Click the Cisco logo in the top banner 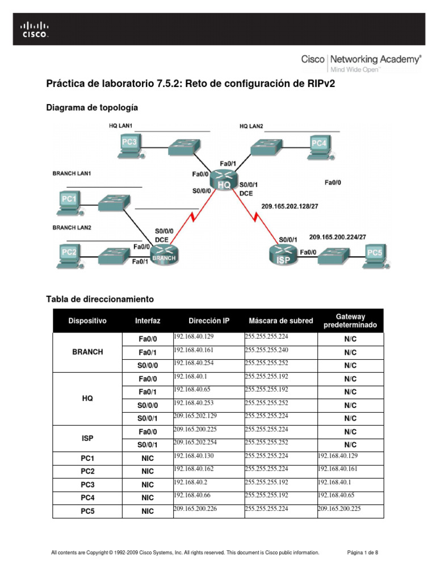tap(35, 30)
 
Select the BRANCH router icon tap(163, 254)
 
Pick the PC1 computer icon tap(69, 202)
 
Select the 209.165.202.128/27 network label tap(289, 207)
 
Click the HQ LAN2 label tap(251, 126)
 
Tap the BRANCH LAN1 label tap(72, 173)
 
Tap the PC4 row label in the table tap(87, 497)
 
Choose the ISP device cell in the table tap(87, 438)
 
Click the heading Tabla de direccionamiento tap(99, 298)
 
